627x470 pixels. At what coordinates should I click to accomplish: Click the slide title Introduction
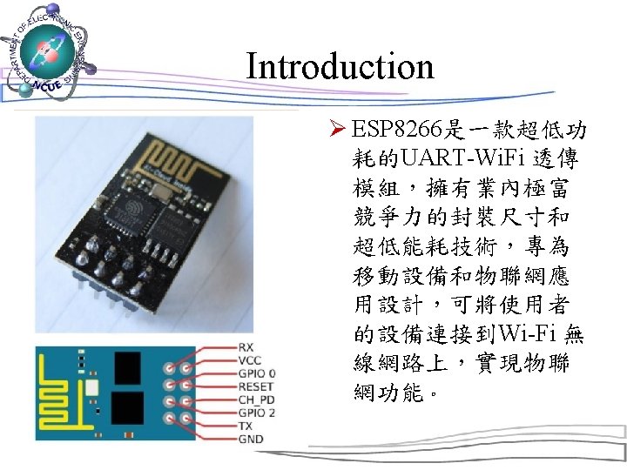(x=340, y=66)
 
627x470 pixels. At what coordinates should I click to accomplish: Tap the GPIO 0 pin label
(x=257, y=373)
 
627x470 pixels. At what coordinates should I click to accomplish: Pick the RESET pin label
(x=255, y=386)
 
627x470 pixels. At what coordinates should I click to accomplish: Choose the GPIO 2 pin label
(x=257, y=413)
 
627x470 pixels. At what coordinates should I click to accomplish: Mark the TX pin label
(x=245, y=426)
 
